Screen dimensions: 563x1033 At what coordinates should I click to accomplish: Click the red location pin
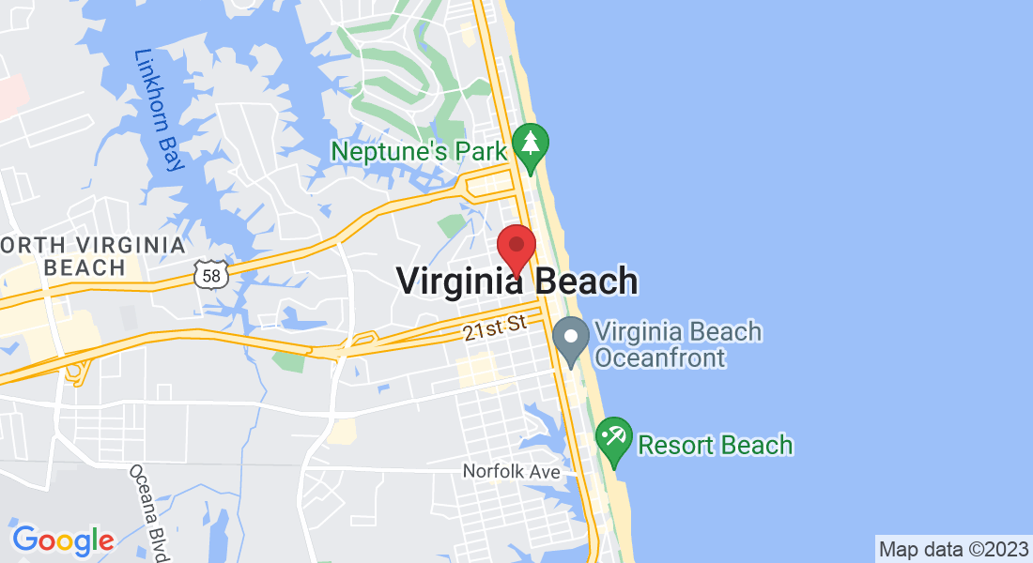pos(516,248)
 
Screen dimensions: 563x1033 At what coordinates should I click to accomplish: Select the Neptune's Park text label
pos(419,150)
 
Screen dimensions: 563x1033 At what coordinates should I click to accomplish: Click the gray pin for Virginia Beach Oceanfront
pos(570,339)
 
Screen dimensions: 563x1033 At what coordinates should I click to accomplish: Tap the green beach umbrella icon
pos(614,438)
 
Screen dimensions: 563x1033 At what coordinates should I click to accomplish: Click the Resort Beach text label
pos(716,445)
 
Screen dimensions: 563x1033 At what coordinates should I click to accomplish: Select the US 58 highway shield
pos(210,274)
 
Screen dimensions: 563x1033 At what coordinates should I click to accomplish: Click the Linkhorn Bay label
pos(158,110)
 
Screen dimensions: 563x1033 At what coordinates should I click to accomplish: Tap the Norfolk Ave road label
pos(511,471)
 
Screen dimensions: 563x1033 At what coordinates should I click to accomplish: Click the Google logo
pos(63,540)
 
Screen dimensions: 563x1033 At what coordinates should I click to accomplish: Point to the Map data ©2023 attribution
pos(952,547)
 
